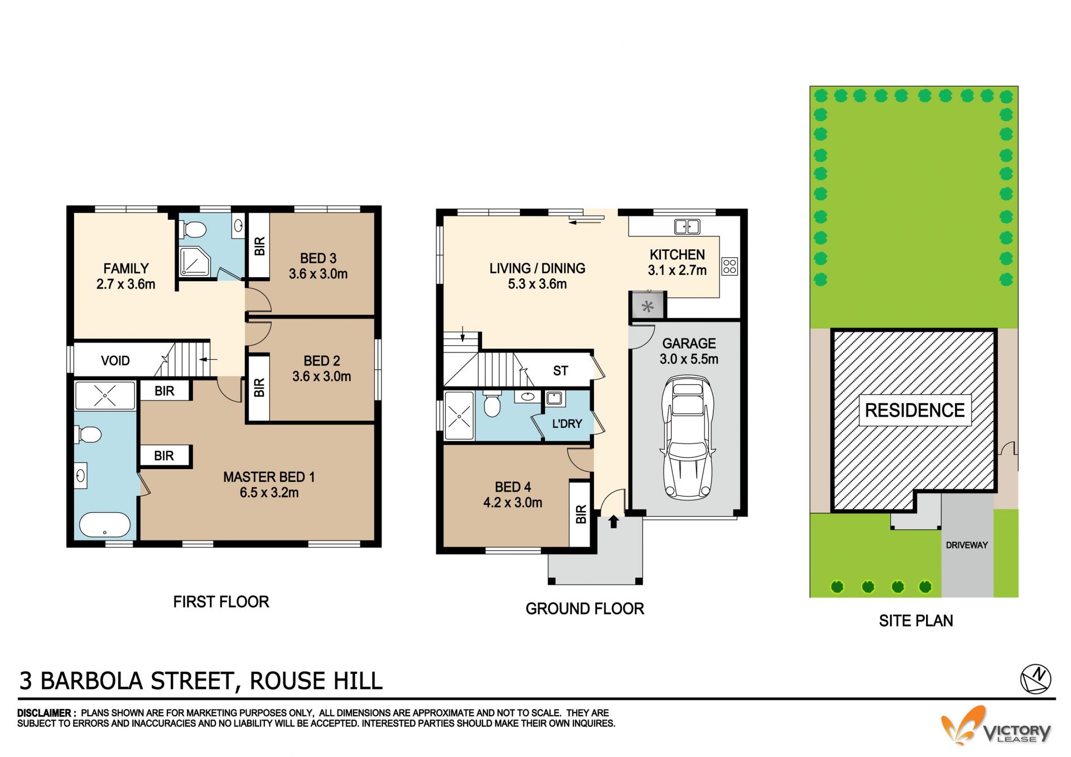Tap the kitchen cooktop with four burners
coord(730,267)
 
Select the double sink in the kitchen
coord(687,226)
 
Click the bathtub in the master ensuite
coord(105,524)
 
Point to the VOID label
coord(115,361)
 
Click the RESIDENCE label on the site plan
coord(914,411)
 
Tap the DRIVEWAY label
coord(967,545)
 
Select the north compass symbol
coord(1035,679)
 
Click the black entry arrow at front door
coord(614,522)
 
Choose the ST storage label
coord(561,371)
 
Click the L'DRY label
coord(567,424)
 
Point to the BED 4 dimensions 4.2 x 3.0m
coord(513,503)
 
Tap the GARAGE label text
coord(689,344)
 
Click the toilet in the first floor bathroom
coord(194,229)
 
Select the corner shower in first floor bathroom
coord(194,262)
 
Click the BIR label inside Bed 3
coord(259,246)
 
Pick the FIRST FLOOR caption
coord(221,602)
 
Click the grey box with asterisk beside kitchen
coord(647,306)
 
